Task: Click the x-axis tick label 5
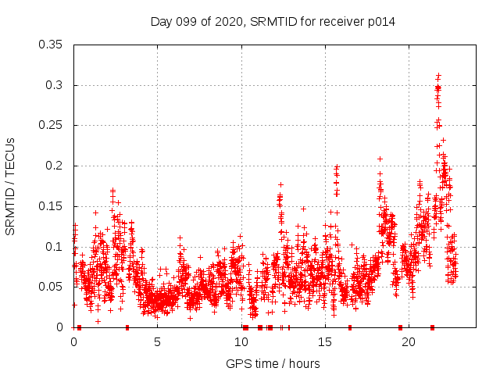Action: (157, 342)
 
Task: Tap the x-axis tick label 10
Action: (241, 342)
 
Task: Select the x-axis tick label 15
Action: (325, 342)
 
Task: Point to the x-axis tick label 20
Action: (409, 342)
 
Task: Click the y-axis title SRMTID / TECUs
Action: (11, 186)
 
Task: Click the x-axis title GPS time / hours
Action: (273, 363)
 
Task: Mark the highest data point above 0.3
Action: (438, 76)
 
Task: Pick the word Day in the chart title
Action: (162, 22)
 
